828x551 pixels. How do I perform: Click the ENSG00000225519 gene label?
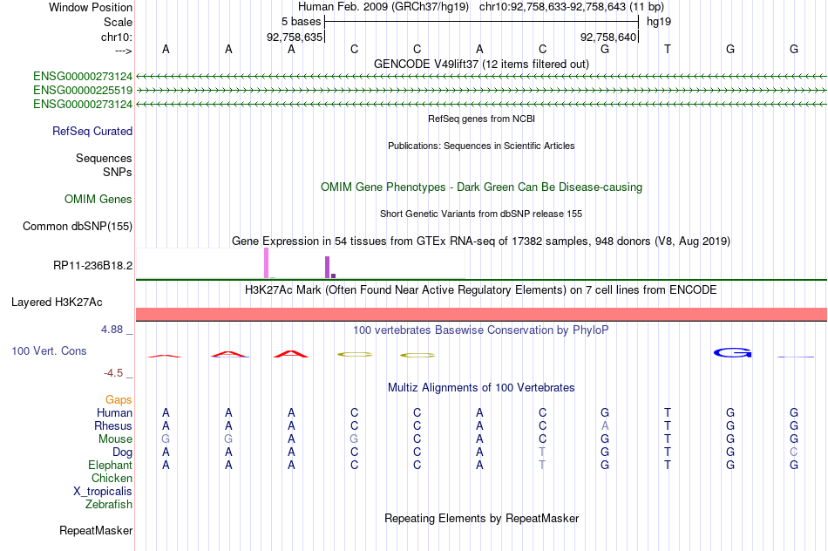pyautogui.click(x=83, y=91)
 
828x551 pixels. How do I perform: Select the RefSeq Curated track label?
pyautogui.click(x=92, y=131)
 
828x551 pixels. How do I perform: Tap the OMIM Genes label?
pyautogui.click(x=98, y=199)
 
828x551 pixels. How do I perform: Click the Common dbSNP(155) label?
pyautogui.click(x=78, y=226)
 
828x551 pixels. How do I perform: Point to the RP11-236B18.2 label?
pyautogui.click(x=93, y=265)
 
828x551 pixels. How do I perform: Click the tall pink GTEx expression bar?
pyautogui.click(x=266, y=263)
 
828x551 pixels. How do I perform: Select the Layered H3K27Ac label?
pyautogui.click(x=57, y=303)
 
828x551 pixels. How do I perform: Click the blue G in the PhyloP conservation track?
pyautogui.click(x=732, y=352)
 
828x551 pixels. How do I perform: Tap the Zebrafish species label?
pyautogui.click(x=109, y=505)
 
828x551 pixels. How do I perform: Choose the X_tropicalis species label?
pyautogui.click(x=103, y=492)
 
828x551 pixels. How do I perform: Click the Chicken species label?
pyautogui.click(x=112, y=478)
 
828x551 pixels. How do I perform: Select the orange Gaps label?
pyautogui.click(x=119, y=400)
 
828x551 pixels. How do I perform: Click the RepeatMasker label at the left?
pyautogui.click(x=96, y=530)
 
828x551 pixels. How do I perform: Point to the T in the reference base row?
pyautogui.click(x=668, y=49)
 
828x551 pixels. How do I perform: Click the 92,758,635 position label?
pyautogui.click(x=294, y=37)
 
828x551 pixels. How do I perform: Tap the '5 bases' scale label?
pyautogui.click(x=301, y=22)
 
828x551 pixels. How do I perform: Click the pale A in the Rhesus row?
pyautogui.click(x=605, y=425)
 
